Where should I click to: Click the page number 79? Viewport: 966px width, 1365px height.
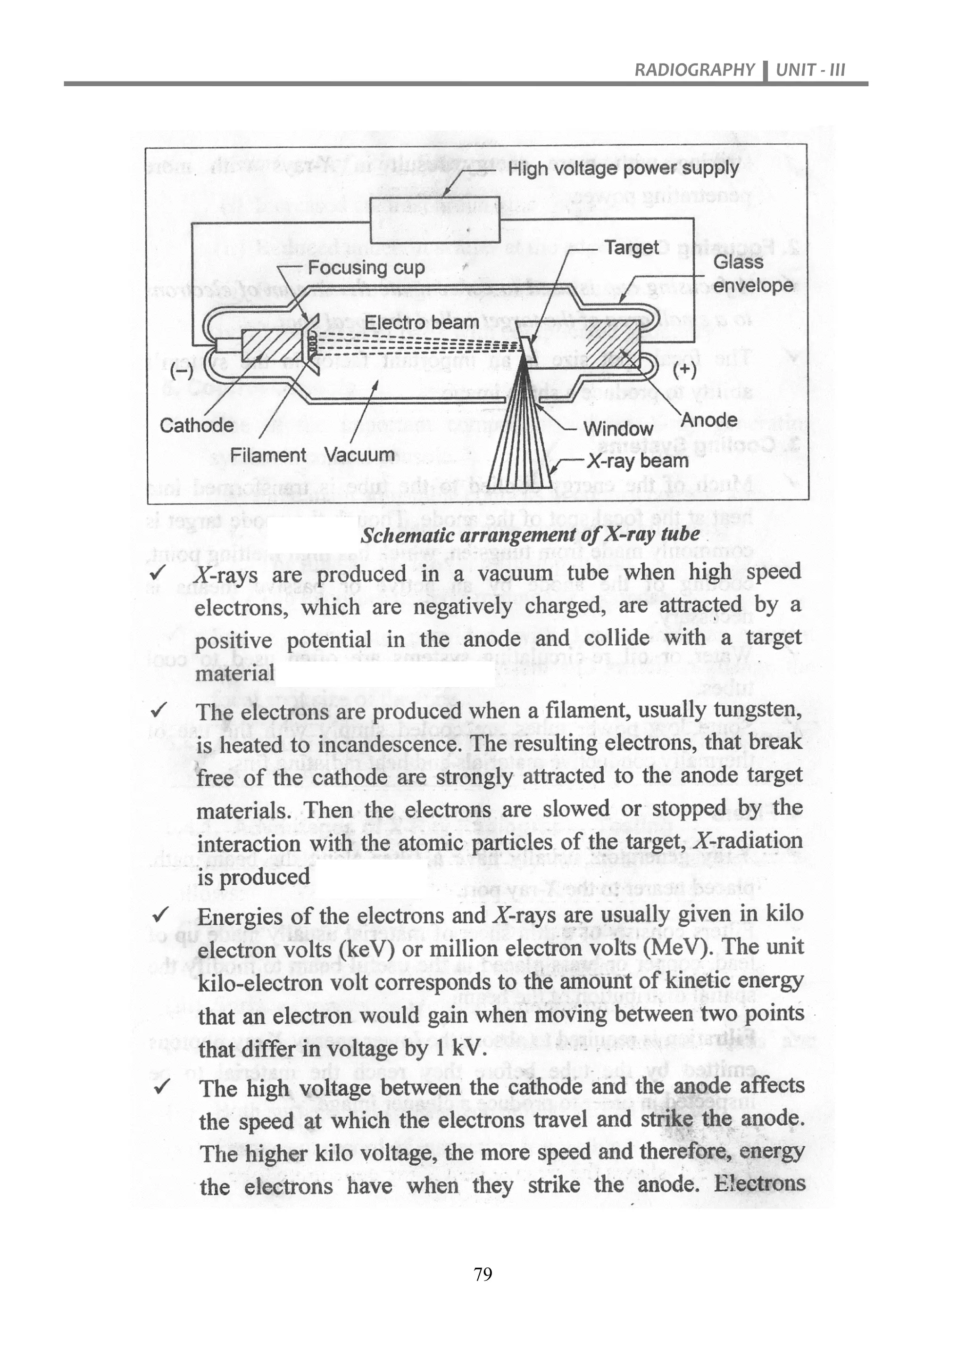pyautogui.click(x=483, y=1274)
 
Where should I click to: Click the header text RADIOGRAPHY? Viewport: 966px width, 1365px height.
pyautogui.click(x=693, y=70)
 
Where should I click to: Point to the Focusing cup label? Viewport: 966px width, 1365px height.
pyautogui.click(x=366, y=268)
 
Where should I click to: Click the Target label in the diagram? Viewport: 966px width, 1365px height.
pyautogui.click(x=631, y=247)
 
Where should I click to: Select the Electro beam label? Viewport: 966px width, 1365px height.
pyautogui.click(x=421, y=323)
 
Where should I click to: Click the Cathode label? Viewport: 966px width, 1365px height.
pyautogui.click(x=197, y=425)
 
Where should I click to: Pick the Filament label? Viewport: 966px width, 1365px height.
pyautogui.click(x=267, y=455)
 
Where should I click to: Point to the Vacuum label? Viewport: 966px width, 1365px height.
pyautogui.click(x=359, y=455)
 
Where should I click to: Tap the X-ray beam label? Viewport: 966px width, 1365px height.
pyautogui.click(x=638, y=461)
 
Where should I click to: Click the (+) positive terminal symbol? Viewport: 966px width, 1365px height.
pyautogui.click(x=684, y=370)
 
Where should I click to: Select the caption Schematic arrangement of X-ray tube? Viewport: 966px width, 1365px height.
pyautogui.click(x=531, y=535)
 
